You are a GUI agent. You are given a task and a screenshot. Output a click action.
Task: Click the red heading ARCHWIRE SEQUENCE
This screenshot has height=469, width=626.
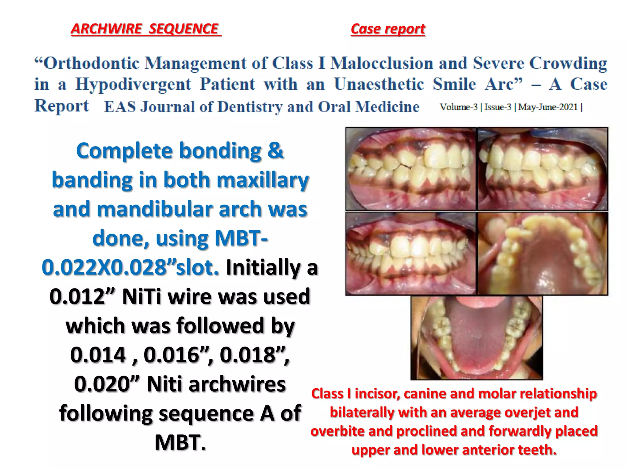145,29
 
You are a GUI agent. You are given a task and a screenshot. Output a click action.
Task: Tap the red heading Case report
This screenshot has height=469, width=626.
388,29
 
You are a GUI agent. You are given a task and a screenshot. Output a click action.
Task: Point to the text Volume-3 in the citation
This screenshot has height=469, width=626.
458,107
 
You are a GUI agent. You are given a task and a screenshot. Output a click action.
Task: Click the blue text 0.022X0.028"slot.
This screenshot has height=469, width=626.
131,267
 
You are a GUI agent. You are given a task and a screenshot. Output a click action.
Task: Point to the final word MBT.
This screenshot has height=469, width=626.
180,442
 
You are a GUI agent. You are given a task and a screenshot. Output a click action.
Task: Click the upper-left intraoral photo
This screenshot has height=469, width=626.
411,169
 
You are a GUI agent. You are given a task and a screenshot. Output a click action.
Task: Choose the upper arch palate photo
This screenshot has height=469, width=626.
543,253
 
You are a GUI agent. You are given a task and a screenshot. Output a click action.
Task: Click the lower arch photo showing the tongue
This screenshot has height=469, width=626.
476,338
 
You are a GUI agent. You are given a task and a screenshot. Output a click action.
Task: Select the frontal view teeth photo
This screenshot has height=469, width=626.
411,253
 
